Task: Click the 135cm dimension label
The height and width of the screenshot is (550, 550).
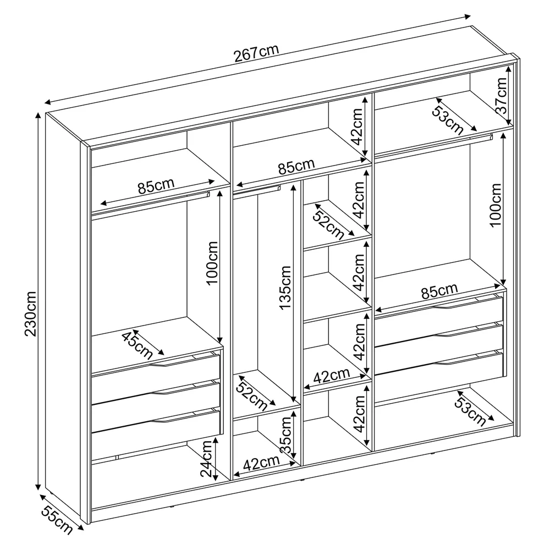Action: tap(285, 288)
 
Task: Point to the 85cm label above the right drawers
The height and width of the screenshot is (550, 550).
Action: tap(439, 292)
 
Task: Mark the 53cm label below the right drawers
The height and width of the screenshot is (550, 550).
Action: tap(470, 411)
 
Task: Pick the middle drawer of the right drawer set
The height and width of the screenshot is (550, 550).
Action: tap(439, 340)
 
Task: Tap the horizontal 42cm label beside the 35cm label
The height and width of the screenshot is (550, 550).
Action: tap(261, 464)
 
